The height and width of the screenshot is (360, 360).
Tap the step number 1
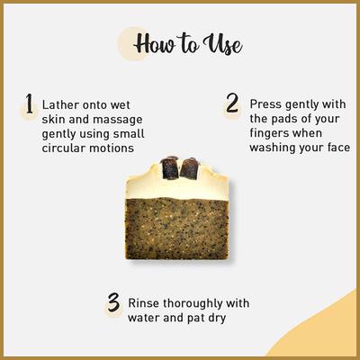click(29, 107)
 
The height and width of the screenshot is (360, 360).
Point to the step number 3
click(113, 302)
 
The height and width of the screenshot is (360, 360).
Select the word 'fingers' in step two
click(274, 134)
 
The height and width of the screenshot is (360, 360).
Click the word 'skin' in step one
click(56, 121)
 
